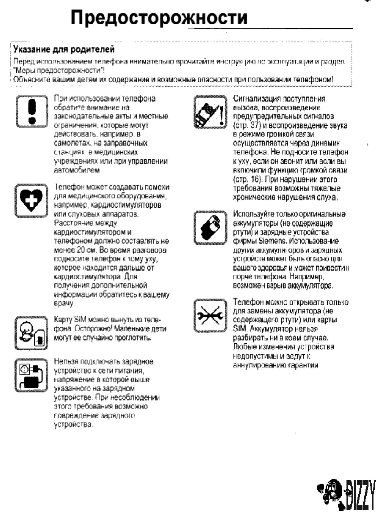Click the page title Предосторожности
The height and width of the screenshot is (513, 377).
[x=159, y=17]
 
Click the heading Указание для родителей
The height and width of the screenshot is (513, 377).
[x=64, y=49]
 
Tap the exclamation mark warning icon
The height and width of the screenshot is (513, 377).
[x=31, y=111]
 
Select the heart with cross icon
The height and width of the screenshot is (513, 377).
[x=31, y=200]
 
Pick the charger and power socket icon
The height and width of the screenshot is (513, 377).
[x=31, y=375]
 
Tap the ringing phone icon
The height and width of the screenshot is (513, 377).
[x=210, y=112]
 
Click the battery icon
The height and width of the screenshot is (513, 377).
[x=210, y=227]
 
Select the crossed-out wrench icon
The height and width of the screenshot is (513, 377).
[x=210, y=316]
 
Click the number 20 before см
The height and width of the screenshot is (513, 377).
[x=81, y=250]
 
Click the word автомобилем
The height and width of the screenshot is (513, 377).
[x=77, y=170]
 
